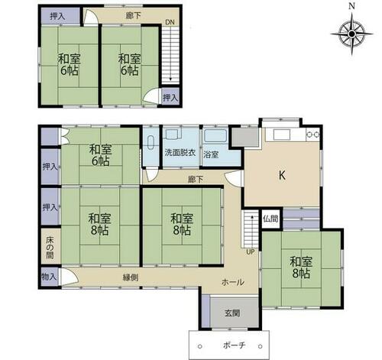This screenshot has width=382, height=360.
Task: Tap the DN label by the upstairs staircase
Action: pos(170,22)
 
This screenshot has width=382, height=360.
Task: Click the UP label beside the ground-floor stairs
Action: pos(251,252)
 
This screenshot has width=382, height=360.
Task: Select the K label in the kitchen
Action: pos(282,175)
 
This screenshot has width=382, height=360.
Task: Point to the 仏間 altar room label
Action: pos(270,219)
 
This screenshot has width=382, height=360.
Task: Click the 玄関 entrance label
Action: pos(232,313)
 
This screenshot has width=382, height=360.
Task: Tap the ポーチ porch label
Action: pos(234,345)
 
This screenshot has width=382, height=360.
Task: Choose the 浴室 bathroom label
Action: pos(211,154)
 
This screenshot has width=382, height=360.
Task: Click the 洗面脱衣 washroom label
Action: pos(180,153)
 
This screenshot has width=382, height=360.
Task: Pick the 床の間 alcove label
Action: pos(50,248)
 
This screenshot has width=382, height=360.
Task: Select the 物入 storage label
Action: pos(49,277)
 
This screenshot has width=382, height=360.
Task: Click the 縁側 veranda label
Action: pos(131,277)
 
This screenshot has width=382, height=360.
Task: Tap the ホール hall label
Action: pos(233,282)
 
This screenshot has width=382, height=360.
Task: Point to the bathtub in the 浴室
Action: pos(215,136)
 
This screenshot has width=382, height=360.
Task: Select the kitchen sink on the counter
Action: pos(282,136)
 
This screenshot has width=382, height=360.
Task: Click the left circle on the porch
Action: pos(200,346)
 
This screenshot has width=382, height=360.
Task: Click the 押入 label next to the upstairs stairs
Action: pos(170,97)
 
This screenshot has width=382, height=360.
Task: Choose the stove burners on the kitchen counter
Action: pos(313,134)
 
